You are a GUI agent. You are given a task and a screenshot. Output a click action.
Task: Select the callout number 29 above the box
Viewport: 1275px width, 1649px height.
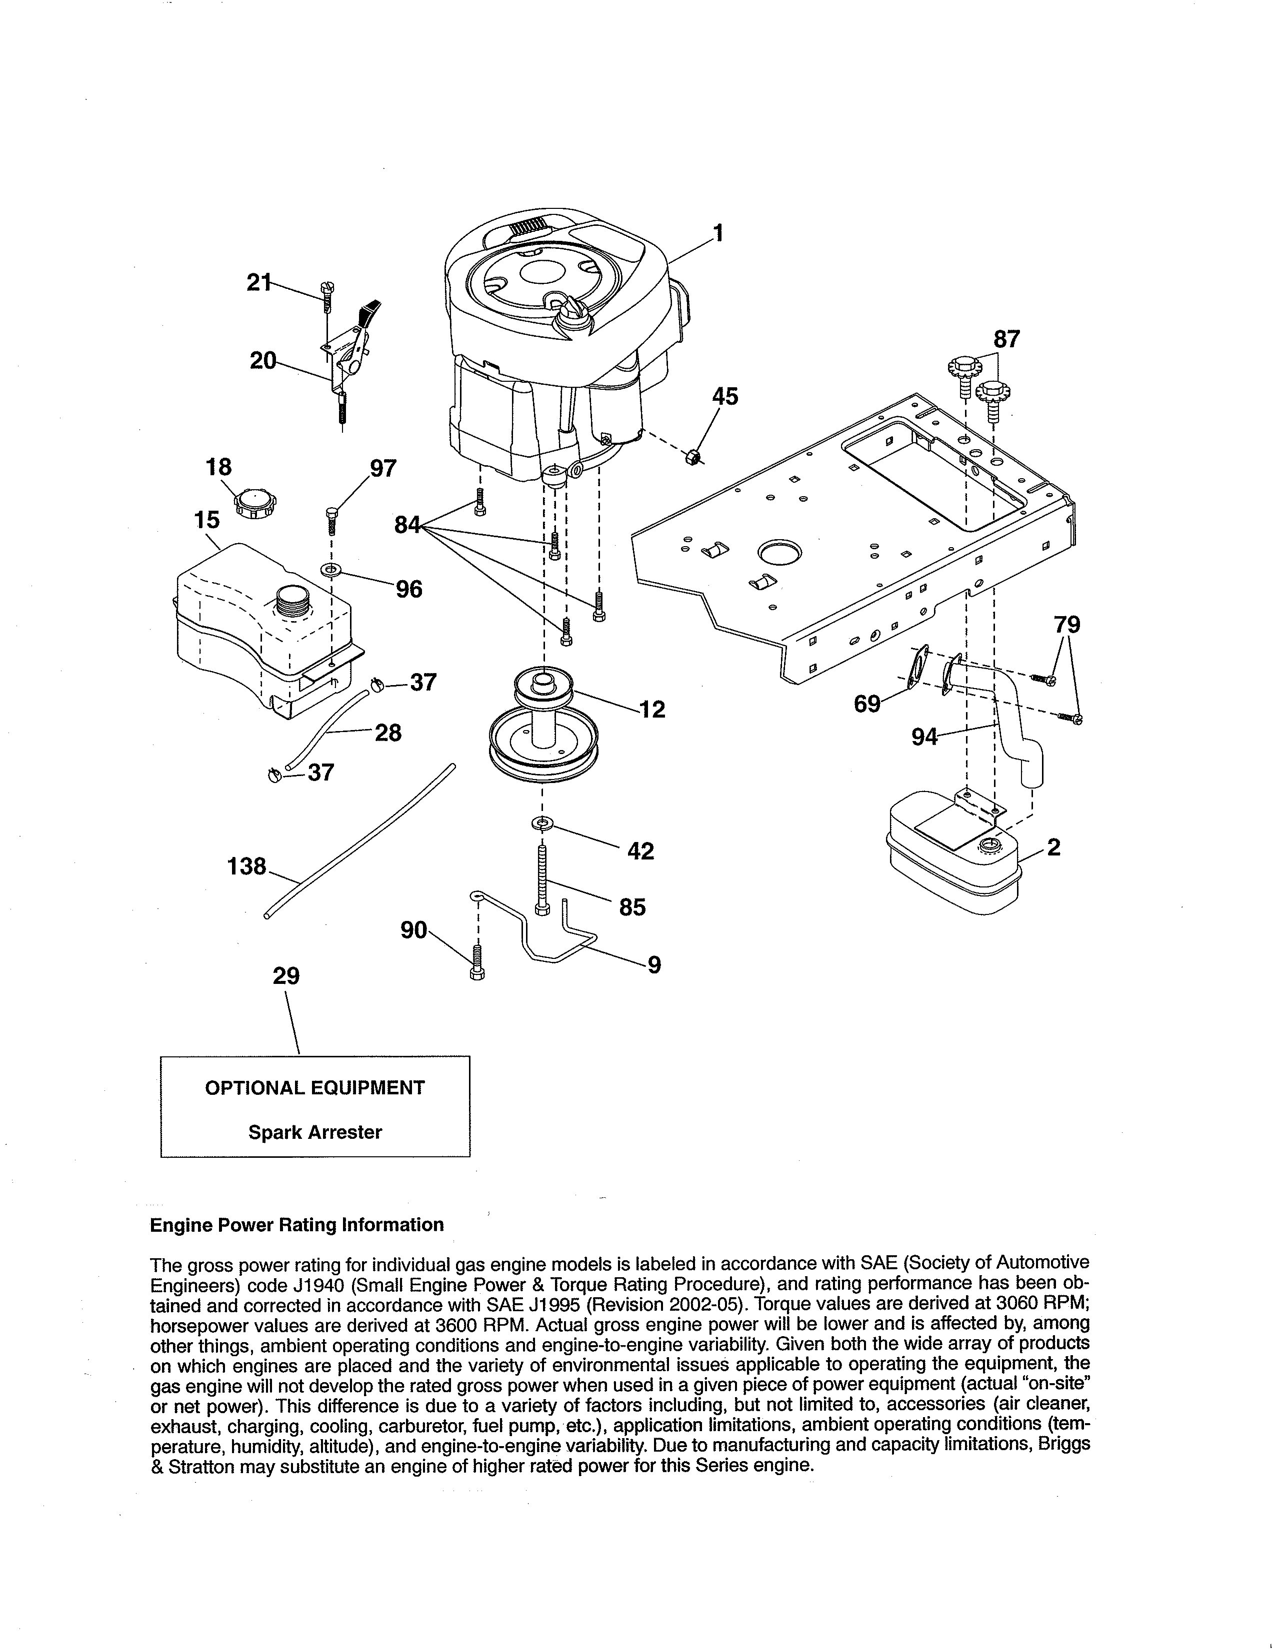pyautogui.click(x=286, y=976)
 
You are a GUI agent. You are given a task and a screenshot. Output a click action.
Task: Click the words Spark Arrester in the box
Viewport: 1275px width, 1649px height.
pyautogui.click(x=315, y=1132)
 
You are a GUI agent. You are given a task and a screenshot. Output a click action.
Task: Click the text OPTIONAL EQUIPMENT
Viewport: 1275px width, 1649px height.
pyautogui.click(x=315, y=1088)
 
